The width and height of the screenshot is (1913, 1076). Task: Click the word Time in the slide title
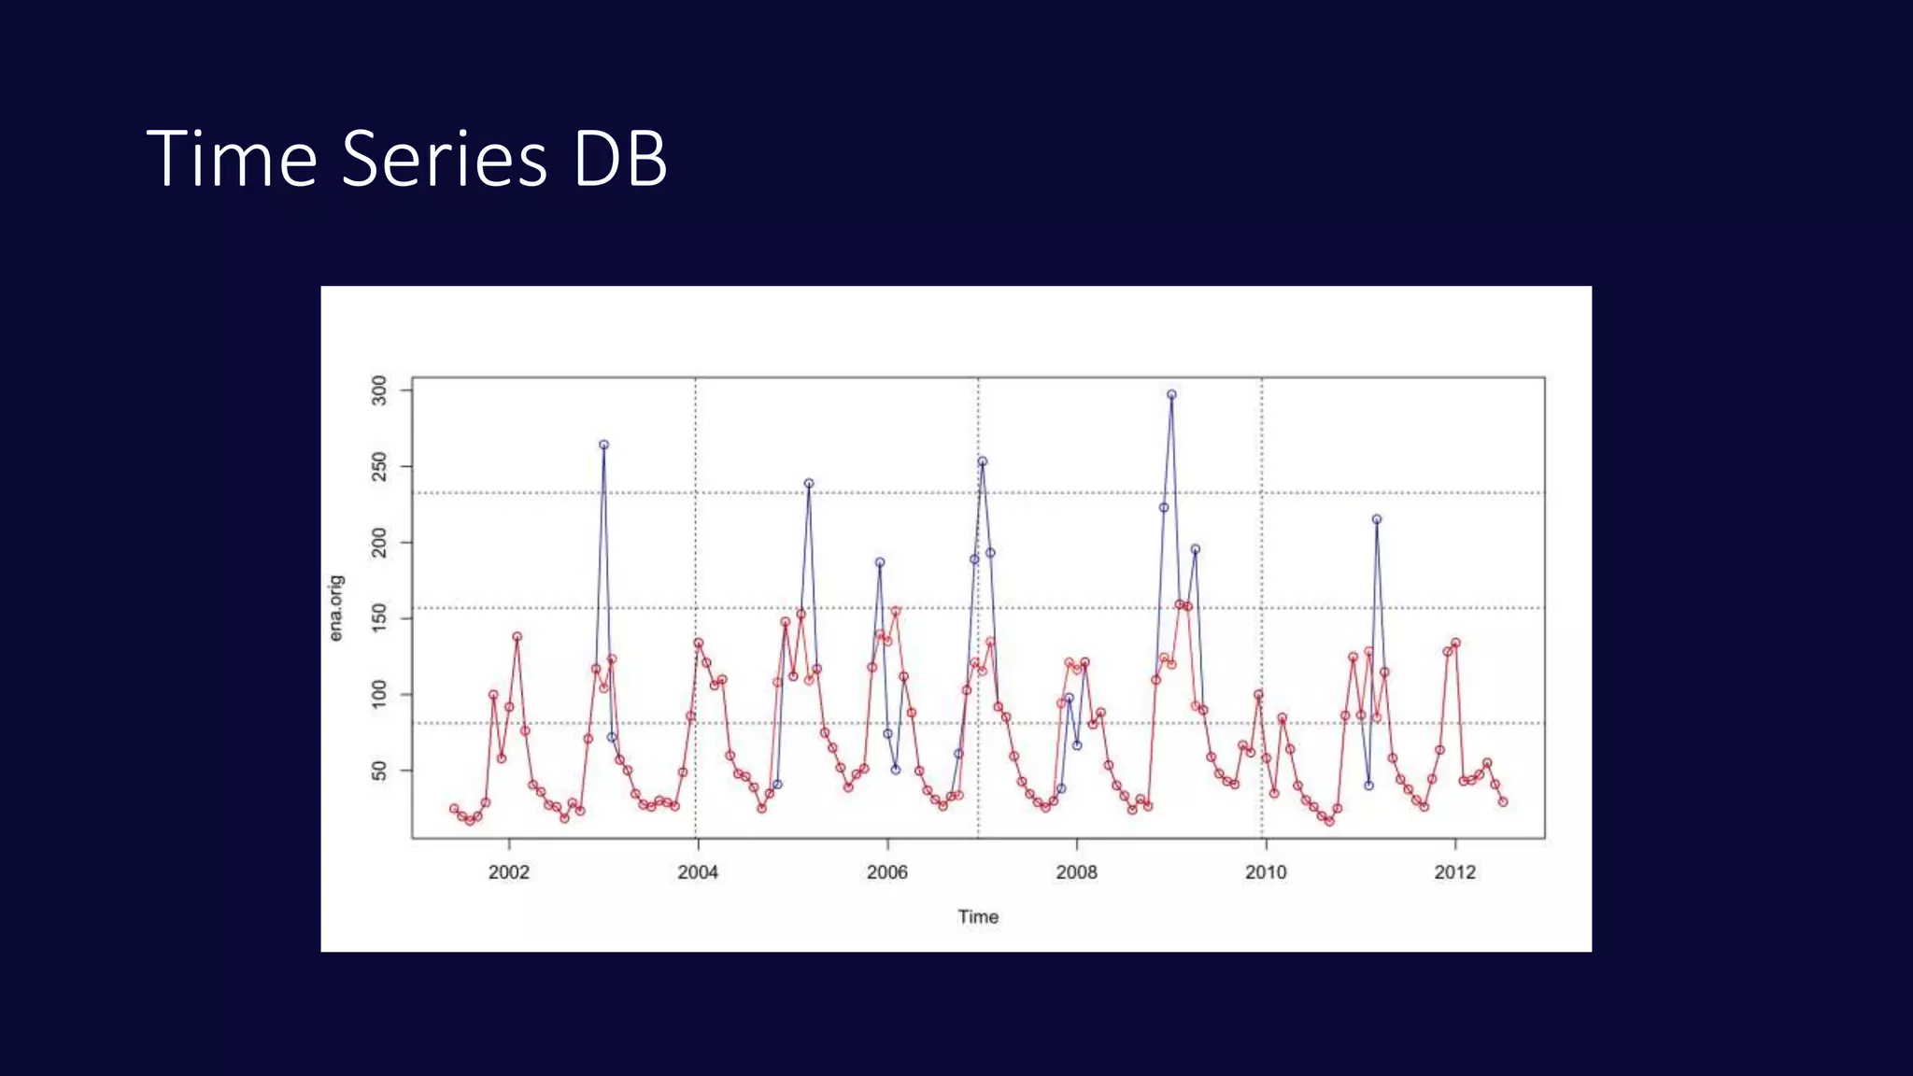coord(232,159)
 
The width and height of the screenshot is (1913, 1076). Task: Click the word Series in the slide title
coord(444,159)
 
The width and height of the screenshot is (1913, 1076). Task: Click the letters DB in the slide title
coord(620,159)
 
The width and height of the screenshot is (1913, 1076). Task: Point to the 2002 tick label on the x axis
coord(508,872)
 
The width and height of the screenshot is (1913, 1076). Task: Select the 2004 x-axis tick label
coord(698,872)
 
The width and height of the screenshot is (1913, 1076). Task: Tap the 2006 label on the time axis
coord(886,872)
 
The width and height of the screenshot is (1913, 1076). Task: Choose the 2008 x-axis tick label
coord(1076,872)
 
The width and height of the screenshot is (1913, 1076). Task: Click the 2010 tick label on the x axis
coord(1266,872)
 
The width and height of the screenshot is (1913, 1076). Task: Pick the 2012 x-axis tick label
coord(1454,872)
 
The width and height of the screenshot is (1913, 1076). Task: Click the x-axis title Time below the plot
coord(978,917)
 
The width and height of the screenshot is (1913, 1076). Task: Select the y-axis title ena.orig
coord(336,608)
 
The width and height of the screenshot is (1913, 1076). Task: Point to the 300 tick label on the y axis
coord(379,390)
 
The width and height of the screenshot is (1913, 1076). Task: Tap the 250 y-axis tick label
coord(379,466)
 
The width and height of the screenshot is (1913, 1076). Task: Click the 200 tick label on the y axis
coord(379,543)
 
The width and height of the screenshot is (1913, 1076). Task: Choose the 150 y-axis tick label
coord(379,618)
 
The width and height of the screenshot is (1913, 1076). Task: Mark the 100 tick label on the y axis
coord(379,694)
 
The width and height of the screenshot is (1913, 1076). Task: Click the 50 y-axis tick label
coord(379,771)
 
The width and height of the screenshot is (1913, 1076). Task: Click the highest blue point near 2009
coord(1171,395)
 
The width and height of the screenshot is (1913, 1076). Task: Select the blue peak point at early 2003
coord(603,446)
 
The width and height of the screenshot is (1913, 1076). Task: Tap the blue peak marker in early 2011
coord(1376,519)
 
